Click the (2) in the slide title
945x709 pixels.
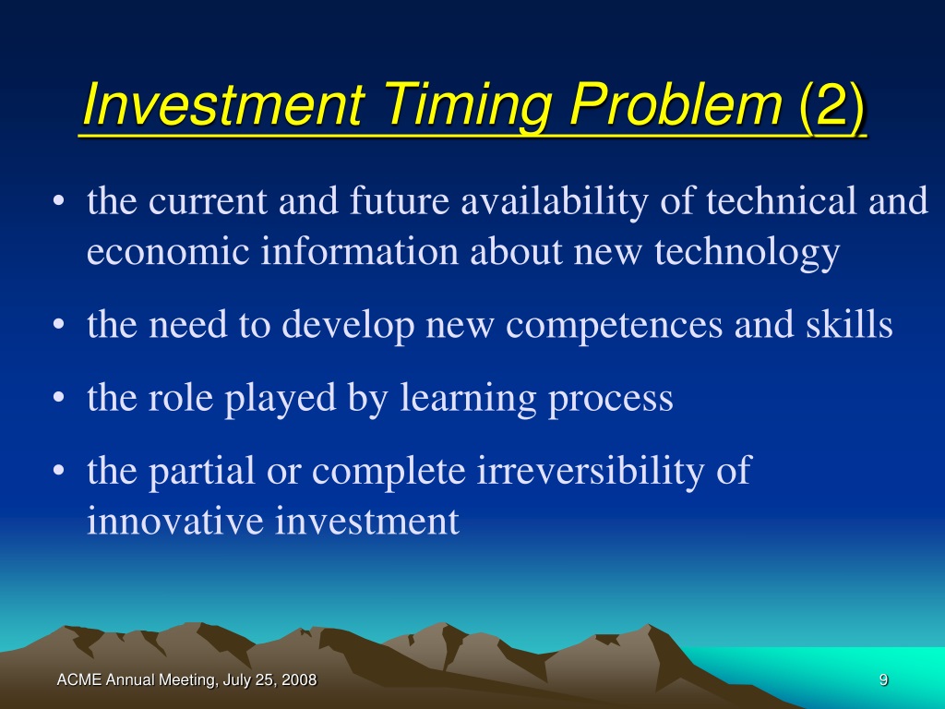(x=832, y=105)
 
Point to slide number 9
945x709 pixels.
(x=883, y=680)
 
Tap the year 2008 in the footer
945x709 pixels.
(x=299, y=680)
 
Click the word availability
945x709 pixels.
(x=555, y=202)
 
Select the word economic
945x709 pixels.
(x=168, y=251)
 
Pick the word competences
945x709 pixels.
(x=614, y=326)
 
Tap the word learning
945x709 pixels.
(x=468, y=399)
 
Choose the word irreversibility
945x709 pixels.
(x=591, y=472)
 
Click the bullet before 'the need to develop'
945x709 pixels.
(x=58, y=325)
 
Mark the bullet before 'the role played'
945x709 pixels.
(x=58, y=398)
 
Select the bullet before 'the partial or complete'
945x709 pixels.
(x=58, y=471)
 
